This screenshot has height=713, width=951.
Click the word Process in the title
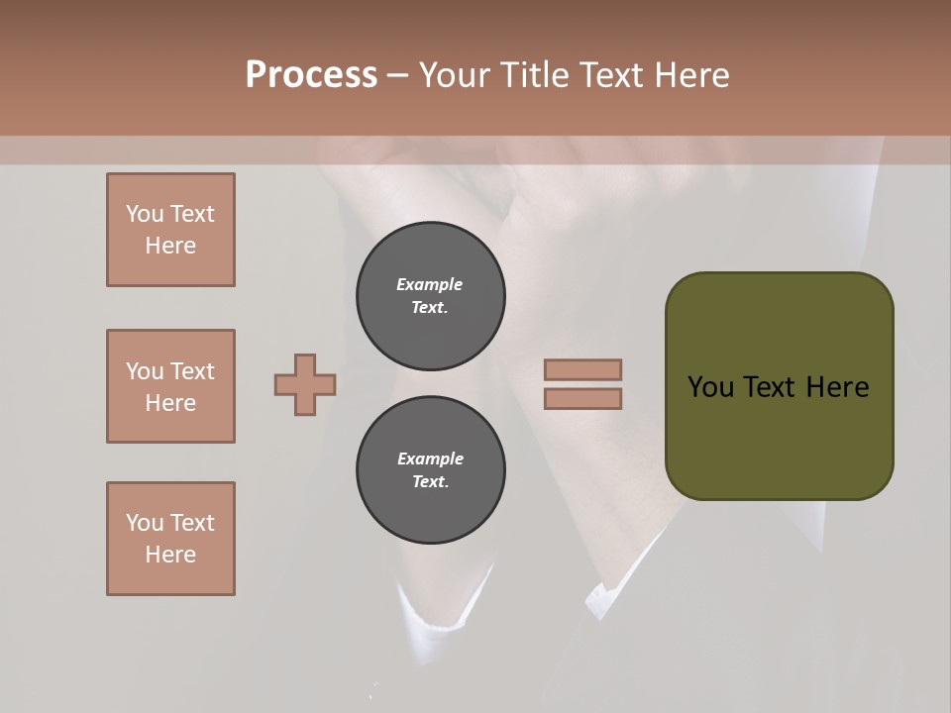311,75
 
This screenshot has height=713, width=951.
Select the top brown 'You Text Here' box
170,230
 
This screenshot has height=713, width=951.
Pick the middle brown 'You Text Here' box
170,386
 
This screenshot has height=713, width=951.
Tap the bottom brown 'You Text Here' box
170,539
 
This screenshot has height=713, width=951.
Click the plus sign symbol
305,384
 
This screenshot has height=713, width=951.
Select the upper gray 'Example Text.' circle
430,295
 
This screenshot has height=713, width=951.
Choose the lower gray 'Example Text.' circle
430,470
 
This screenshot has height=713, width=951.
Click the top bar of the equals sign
582,369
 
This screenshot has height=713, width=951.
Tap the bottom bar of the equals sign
582,398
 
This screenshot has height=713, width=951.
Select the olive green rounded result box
779,386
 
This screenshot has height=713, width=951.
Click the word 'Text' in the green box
772,387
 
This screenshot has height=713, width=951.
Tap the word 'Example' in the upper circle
430,284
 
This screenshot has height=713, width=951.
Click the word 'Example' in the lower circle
430,458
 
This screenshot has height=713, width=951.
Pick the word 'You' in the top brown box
145,214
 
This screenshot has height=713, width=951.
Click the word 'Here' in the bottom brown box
170,555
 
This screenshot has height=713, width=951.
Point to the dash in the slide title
397,75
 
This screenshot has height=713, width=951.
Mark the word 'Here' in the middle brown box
170,403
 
